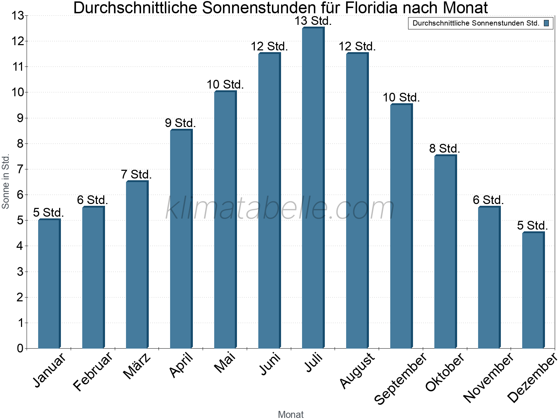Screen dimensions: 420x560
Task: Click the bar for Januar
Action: (x=49, y=283)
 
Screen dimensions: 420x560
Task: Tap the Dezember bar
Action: (x=533, y=290)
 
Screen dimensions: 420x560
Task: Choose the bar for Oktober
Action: (x=445, y=252)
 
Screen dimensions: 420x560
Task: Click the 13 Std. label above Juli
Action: (x=313, y=21)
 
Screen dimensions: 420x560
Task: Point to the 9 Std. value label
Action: (x=180, y=123)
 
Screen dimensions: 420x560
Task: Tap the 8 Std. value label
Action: (x=444, y=148)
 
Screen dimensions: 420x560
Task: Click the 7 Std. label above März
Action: (x=136, y=174)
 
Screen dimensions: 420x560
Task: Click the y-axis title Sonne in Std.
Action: (x=6, y=182)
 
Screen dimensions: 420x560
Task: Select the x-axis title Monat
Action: (x=290, y=414)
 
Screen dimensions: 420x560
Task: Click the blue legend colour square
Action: (x=546, y=23)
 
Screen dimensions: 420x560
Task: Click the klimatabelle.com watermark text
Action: (x=280, y=208)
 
